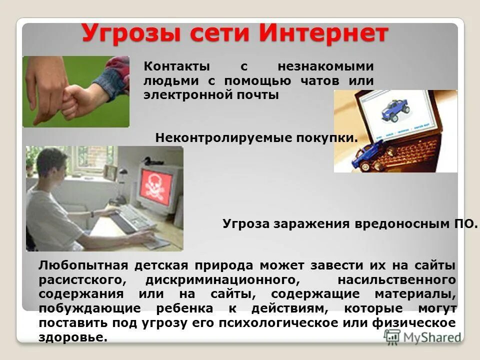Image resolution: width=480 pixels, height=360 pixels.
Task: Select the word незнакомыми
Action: tap(325, 66)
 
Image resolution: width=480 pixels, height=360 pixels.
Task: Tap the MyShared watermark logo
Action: tap(422, 336)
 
